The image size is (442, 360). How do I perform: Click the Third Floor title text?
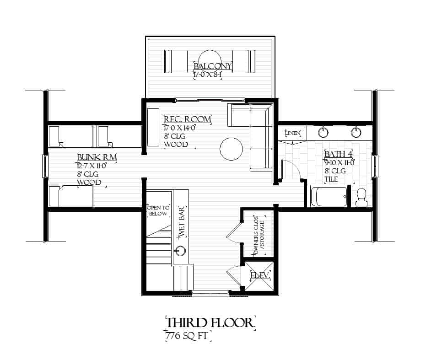[x=209, y=322]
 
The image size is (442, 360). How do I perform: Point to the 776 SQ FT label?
[x=188, y=336]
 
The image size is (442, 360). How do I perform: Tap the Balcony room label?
[x=213, y=66]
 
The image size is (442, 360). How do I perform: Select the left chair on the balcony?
[x=175, y=61]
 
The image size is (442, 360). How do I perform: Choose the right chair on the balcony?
[x=244, y=61]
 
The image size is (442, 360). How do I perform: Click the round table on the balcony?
[x=210, y=59]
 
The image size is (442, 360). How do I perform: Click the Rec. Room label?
[x=188, y=119]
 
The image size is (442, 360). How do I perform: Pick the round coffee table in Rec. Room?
[x=231, y=149]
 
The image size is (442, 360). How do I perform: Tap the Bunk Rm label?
[x=97, y=158]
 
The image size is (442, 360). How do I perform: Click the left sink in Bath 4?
[x=324, y=132]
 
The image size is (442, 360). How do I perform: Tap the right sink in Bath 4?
[x=356, y=132]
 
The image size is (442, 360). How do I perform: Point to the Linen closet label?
[x=293, y=133]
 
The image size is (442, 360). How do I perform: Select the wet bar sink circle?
[x=180, y=250]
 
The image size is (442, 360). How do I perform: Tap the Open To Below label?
[x=158, y=210]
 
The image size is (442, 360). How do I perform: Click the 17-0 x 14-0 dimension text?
[x=180, y=128]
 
